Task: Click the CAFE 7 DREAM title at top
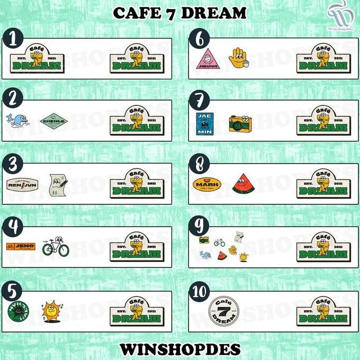pos(179,12)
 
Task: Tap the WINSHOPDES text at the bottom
pos(180,349)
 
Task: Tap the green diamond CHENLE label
pos(54,121)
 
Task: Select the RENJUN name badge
pos(22,184)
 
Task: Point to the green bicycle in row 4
pos(56,247)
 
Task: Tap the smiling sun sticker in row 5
pos(52,310)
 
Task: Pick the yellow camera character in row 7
pos(240,123)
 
